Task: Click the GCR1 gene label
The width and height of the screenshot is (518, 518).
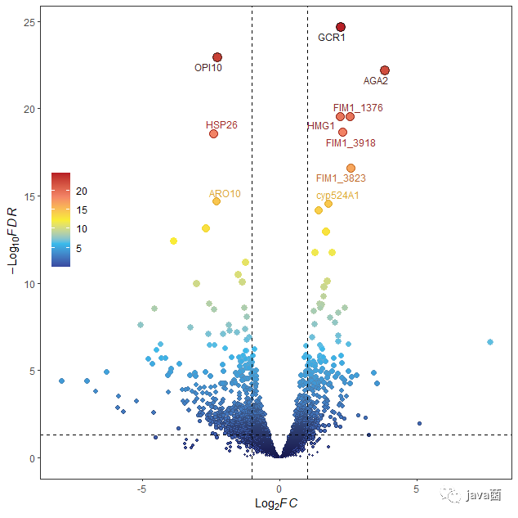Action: coord(332,38)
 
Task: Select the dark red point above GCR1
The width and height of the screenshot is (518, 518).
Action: coord(341,27)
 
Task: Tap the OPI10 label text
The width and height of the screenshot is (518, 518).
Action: coord(208,68)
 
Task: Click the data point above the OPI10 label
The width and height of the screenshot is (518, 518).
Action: coord(217,57)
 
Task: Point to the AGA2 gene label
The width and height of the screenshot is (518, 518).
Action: coord(376,81)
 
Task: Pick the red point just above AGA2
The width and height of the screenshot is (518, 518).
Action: coord(385,70)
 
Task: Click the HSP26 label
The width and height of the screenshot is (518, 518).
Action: coord(221,125)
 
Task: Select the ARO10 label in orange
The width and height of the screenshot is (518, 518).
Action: coord(225,194)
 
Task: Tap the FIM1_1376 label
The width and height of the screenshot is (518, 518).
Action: coord(358,108)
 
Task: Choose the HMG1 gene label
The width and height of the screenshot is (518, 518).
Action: coord(320,126)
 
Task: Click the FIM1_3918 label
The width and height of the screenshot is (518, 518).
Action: coord(351,143)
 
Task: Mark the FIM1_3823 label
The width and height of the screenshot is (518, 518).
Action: coord(341,178)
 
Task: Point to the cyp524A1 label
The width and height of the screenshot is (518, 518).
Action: coord(337,196)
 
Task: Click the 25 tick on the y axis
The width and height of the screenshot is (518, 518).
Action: coord(27,21)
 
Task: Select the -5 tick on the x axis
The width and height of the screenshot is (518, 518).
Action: coord(141,489)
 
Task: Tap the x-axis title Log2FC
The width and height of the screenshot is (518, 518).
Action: coord(276,502)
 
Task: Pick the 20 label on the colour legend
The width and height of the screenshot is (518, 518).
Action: coord(82,191)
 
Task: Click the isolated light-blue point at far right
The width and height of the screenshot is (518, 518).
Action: coord(489,342)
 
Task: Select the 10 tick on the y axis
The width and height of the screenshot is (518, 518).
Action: coord(27,284)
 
